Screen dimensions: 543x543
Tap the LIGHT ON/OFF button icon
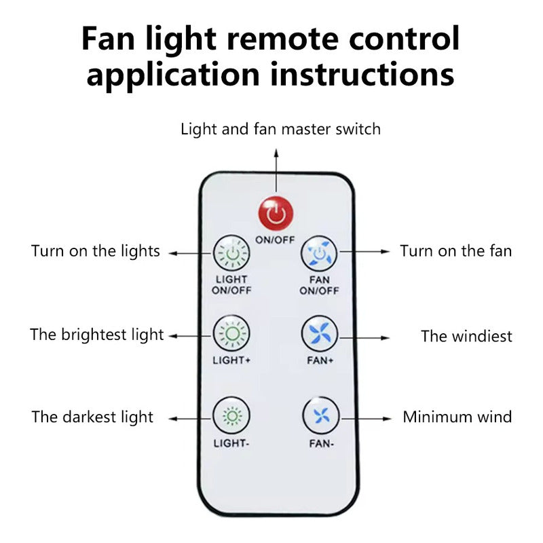(x=231, y=253)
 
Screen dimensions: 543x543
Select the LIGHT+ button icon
(x=231, y=333)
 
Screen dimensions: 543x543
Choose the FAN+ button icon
(x=320, y=333)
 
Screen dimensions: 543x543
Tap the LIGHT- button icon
(x=231, y=415)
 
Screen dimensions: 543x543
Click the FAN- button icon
(x=320, y=415)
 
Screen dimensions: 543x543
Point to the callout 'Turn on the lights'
(x=96, y=251)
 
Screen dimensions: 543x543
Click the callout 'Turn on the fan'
(x=455, y=251)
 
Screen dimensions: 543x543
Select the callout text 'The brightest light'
(x=97, y=334)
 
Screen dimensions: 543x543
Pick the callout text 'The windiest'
(x=466, y=336)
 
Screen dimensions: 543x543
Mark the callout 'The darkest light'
(x=92, y=417)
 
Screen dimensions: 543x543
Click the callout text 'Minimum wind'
(x=457, y=416)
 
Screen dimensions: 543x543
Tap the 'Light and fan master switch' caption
(x=280, y=128)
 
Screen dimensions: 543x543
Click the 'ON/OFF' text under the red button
(x=276, y=239)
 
